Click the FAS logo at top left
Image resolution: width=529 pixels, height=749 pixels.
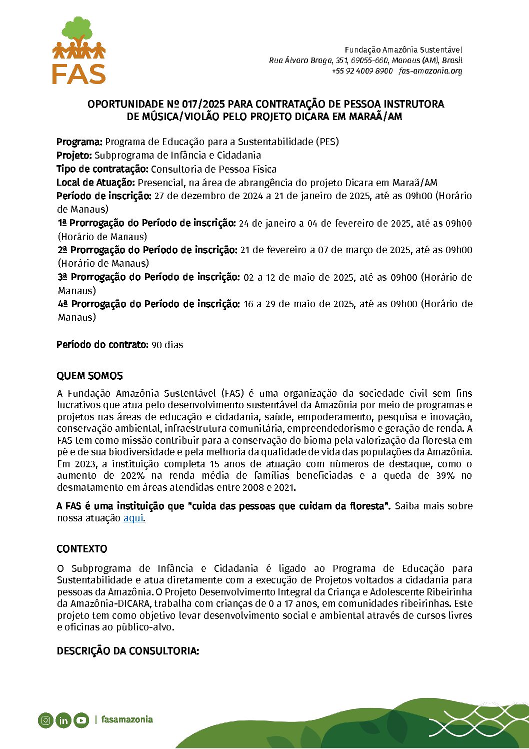tap(79, 51)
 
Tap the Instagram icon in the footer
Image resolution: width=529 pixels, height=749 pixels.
tap(45, 720)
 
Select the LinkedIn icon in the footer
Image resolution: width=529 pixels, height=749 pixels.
tap(63, 720)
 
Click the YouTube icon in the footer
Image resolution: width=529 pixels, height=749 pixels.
tap(81, 720)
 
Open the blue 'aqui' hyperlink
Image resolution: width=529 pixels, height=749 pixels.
tap(133, 518)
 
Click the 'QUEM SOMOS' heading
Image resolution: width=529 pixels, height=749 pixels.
tap(89, 376)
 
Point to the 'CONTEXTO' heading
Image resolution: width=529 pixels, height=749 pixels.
tap(82, 549)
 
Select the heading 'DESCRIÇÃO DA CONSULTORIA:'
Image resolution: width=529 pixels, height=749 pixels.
tap(128, 651)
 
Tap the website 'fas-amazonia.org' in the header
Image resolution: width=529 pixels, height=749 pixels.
tap(430, 71)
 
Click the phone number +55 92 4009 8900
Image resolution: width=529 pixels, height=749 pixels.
tap(362, 71)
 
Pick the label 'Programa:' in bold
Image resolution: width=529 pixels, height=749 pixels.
tap(79, 142)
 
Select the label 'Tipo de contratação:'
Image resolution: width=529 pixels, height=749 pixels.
tap(102, 169)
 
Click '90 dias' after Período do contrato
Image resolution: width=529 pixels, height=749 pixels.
tap(167, 345)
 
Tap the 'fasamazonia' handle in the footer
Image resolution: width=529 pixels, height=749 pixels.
tap(127, 719)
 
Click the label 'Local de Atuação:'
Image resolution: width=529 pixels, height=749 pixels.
tap(95, 183)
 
